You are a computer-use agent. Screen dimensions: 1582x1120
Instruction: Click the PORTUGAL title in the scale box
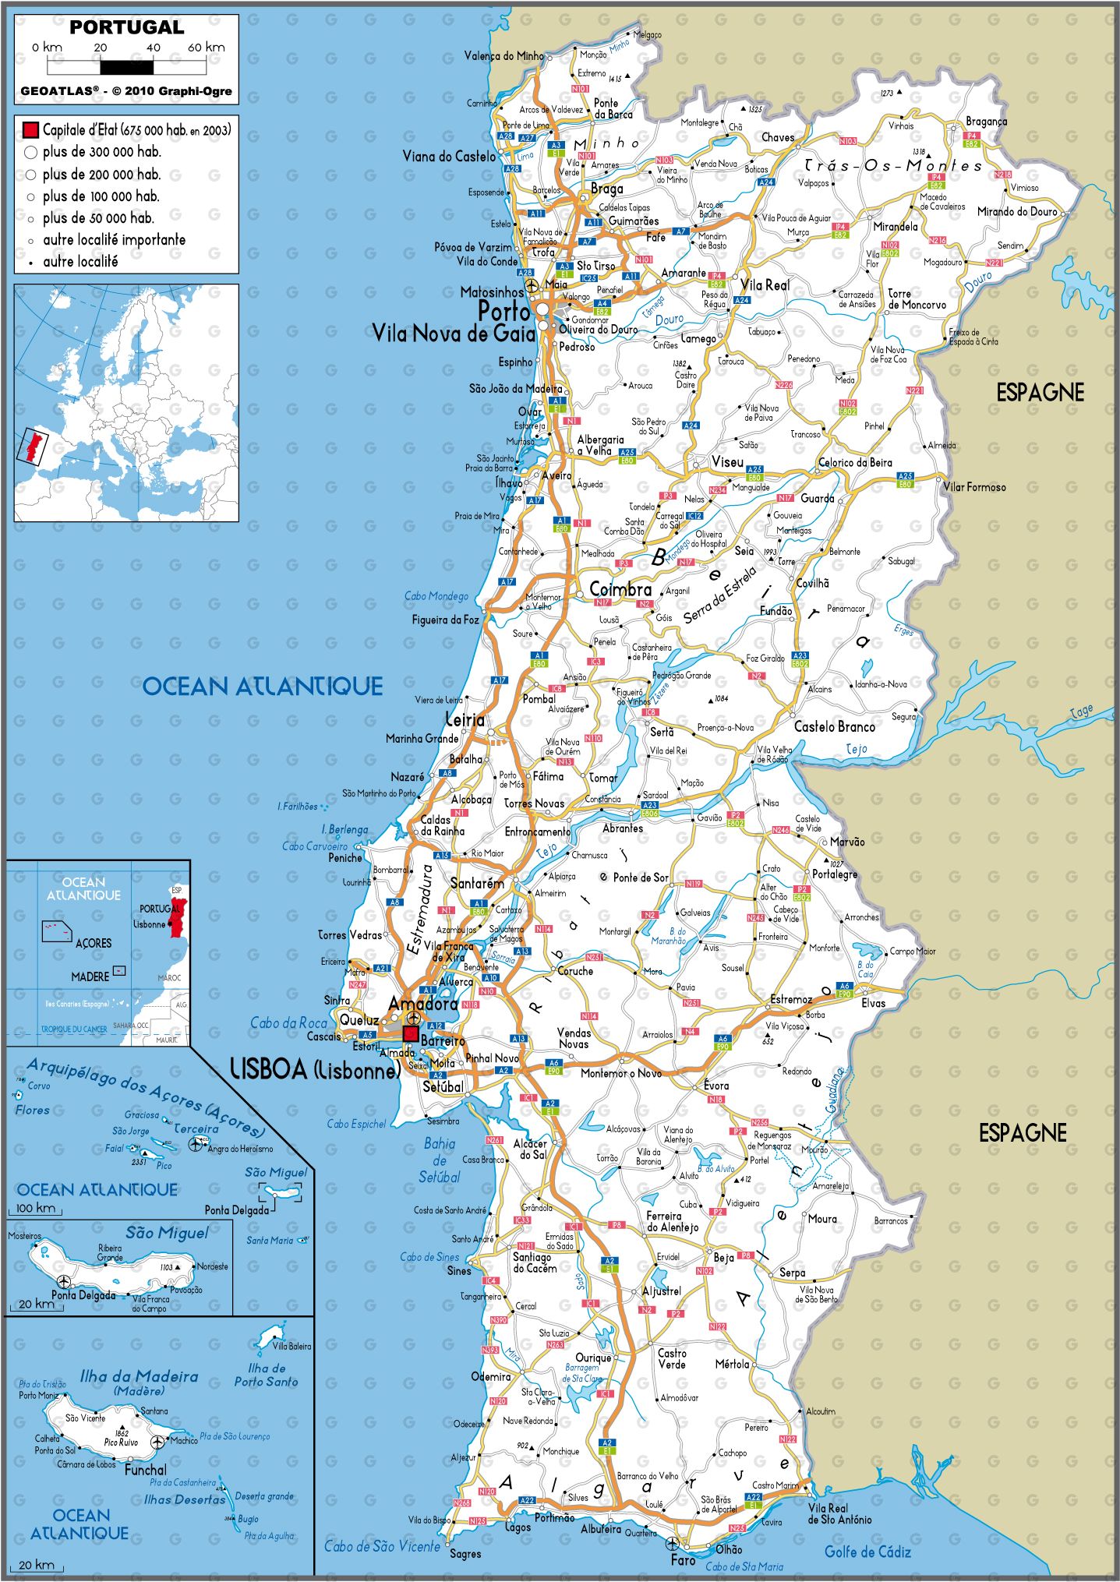point(126,27)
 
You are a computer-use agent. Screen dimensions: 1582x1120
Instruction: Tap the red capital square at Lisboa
point(410,1033)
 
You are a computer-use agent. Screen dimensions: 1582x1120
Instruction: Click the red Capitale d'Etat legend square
point(30,130)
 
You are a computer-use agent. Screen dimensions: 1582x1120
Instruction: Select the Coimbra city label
point(620,590)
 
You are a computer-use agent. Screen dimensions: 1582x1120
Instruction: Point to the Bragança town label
point(986,122)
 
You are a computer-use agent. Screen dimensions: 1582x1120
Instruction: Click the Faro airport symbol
point(672,1543)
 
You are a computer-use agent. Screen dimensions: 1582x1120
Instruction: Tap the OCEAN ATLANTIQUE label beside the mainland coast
point(263,686)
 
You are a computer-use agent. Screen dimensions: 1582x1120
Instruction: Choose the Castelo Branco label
point(834,726)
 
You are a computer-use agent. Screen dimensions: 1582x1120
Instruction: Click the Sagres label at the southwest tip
point(465,1554)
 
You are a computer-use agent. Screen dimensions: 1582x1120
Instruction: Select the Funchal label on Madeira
point(146,1469)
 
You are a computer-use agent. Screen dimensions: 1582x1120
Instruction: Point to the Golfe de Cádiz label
point(867,1552)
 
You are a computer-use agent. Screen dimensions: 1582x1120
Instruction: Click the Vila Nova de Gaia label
point(454,334)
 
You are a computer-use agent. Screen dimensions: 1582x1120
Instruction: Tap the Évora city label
point(716,1086)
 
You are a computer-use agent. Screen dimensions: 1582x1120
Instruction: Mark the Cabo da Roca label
point(288,1022)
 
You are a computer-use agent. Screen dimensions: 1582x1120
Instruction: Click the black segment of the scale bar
point(126,67)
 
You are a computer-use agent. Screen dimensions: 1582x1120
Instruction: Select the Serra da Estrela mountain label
point(719,595)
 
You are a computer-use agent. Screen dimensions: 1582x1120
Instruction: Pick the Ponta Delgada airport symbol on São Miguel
point(64,1281)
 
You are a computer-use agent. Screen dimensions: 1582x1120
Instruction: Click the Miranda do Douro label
point(1016,211)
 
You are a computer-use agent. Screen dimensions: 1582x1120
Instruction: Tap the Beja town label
point(723,1258)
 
